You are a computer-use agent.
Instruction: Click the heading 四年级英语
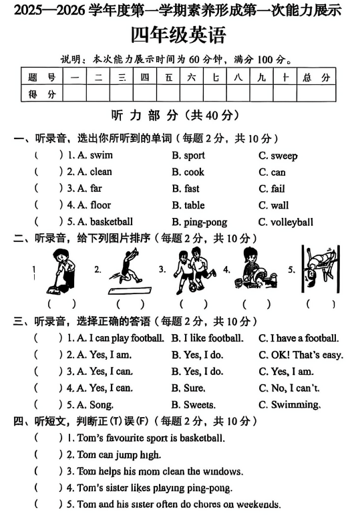pos(178,34)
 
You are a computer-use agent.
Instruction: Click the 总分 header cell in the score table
pos(316,78)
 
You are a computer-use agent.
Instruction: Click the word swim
pos(100,155)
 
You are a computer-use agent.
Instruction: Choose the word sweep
pos(284,155)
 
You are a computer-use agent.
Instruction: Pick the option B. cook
pos(188,172)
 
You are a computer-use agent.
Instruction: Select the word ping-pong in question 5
pos(205,222)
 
